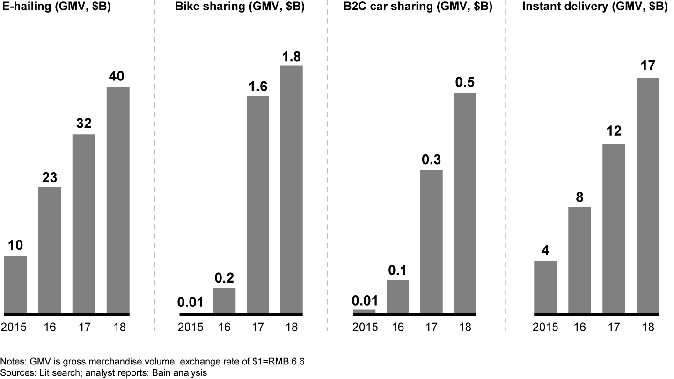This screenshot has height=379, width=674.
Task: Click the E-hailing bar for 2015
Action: tap(15, 284)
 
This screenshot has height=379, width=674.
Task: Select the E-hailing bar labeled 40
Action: tap(118, 200)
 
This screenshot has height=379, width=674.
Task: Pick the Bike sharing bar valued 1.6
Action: tap(258, 204)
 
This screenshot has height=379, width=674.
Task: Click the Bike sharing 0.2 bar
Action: tap(224, 300)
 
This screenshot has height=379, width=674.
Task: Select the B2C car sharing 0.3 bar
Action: tap(431, 241)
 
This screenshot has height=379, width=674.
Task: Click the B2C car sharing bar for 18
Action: tap(465, 203)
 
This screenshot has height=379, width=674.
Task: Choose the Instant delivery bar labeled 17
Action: tap(648, 195)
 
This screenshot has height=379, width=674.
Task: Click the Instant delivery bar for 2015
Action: tap(546, 287)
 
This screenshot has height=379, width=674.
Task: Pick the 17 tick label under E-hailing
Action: tap(84, 327)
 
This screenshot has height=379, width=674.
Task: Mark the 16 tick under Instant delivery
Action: tap(580, 327)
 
